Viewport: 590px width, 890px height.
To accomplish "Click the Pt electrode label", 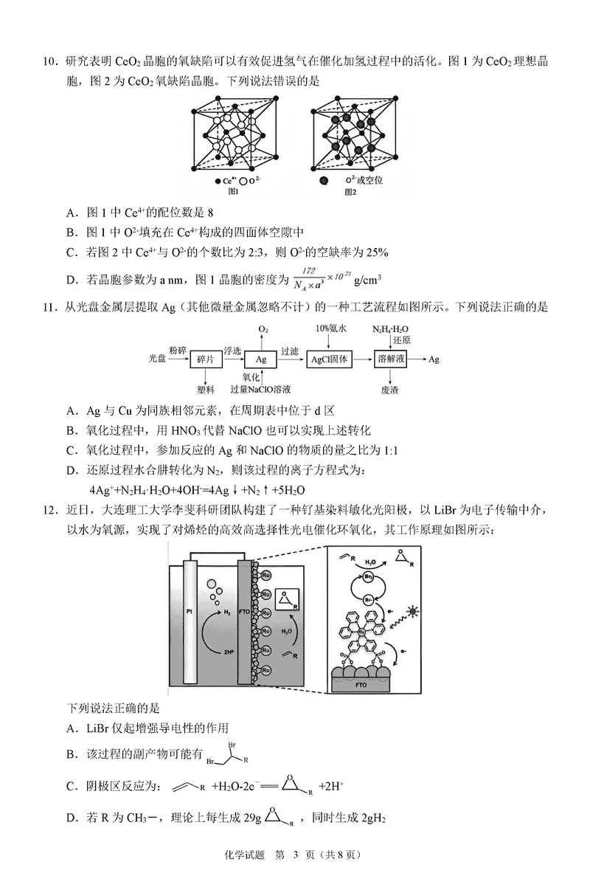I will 188,611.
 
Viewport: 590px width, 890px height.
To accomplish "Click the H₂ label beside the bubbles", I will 227,612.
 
